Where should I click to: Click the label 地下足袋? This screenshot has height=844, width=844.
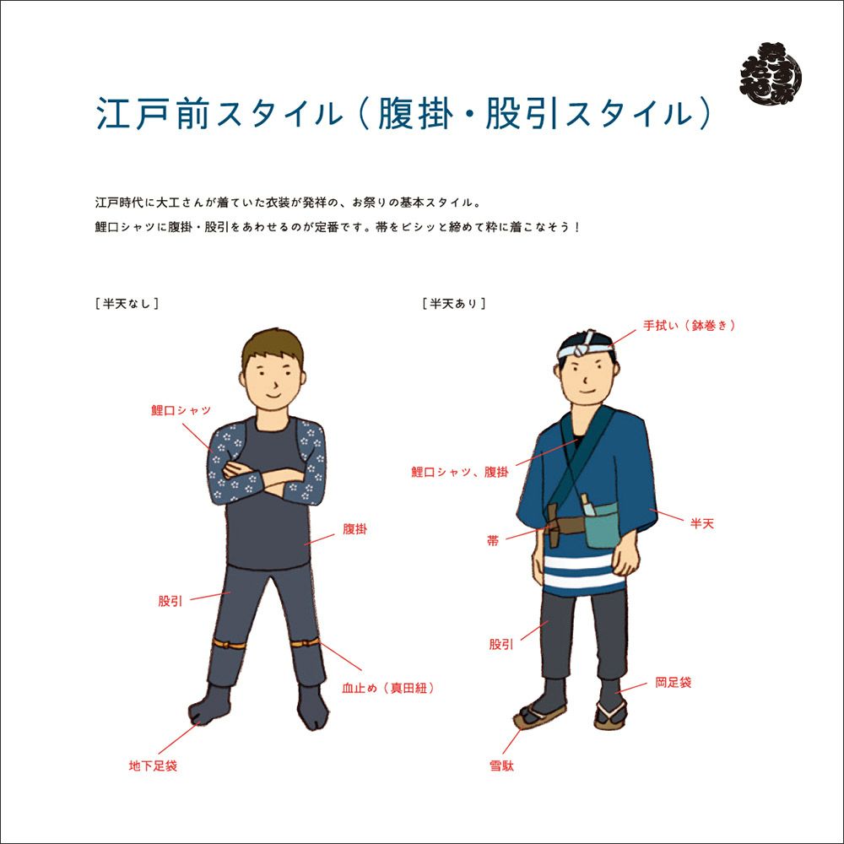point(153,766)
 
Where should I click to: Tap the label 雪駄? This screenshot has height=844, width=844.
point(501,766)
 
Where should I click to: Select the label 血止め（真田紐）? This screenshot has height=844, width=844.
point(388,688)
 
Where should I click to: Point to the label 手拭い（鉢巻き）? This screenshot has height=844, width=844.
point(690,325)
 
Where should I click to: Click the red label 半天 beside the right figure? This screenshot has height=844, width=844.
point(702,523)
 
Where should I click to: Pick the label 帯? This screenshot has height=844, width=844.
point(493,540)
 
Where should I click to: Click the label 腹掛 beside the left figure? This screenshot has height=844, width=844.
point(354,529)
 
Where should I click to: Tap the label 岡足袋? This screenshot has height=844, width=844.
point(673,683)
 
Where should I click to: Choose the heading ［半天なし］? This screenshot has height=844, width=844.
point(127,304)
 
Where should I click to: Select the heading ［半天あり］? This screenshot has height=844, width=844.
point(454,304)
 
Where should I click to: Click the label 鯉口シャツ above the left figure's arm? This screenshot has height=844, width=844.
point(181,411)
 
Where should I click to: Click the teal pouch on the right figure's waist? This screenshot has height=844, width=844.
point(603,524)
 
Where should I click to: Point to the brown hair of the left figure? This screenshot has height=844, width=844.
point(273,347)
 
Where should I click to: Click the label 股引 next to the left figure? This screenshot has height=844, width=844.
point(170,601)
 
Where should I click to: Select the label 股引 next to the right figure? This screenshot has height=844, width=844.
point(501,644)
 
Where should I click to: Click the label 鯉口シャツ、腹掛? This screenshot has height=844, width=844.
point(460,472)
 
